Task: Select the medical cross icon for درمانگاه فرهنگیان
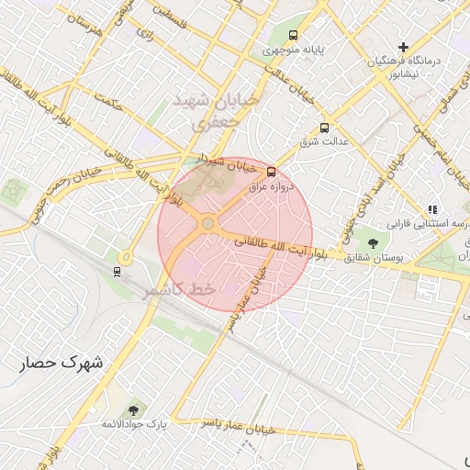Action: coord(404,47)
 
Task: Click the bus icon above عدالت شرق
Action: coord(324,129)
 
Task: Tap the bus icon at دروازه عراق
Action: coord(271,172)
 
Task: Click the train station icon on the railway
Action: coord(117,271)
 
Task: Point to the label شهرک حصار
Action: coord(62,364)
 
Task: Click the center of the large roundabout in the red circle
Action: coord(208,223)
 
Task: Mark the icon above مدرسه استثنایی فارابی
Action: coord(432,209)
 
